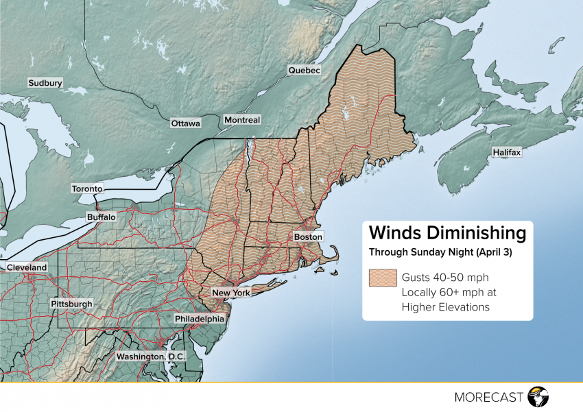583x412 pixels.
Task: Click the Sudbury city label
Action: [x=45, y=83]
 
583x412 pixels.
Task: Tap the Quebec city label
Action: [x=304, y=71]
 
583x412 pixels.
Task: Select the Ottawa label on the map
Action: [x=185, y=123]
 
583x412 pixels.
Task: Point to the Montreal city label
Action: [x=242, y=120]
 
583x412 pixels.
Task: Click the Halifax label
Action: [x=506, y=152]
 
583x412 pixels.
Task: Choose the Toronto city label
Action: [x=87, y=189]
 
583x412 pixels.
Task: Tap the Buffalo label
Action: [x=102, y=217]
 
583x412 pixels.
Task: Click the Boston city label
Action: [x=307, y=237]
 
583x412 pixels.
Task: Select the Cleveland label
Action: [x=27, y=267]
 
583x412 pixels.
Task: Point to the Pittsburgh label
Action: [x=71, y=304]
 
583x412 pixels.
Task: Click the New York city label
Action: [x=231, y=293]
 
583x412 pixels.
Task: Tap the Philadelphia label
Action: [x=199, y=319]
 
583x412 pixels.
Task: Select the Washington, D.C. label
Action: [x=148, y=356]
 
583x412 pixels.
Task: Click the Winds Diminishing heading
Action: [x=448, y=232]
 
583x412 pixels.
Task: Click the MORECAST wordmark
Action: [x=489, y=396]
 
